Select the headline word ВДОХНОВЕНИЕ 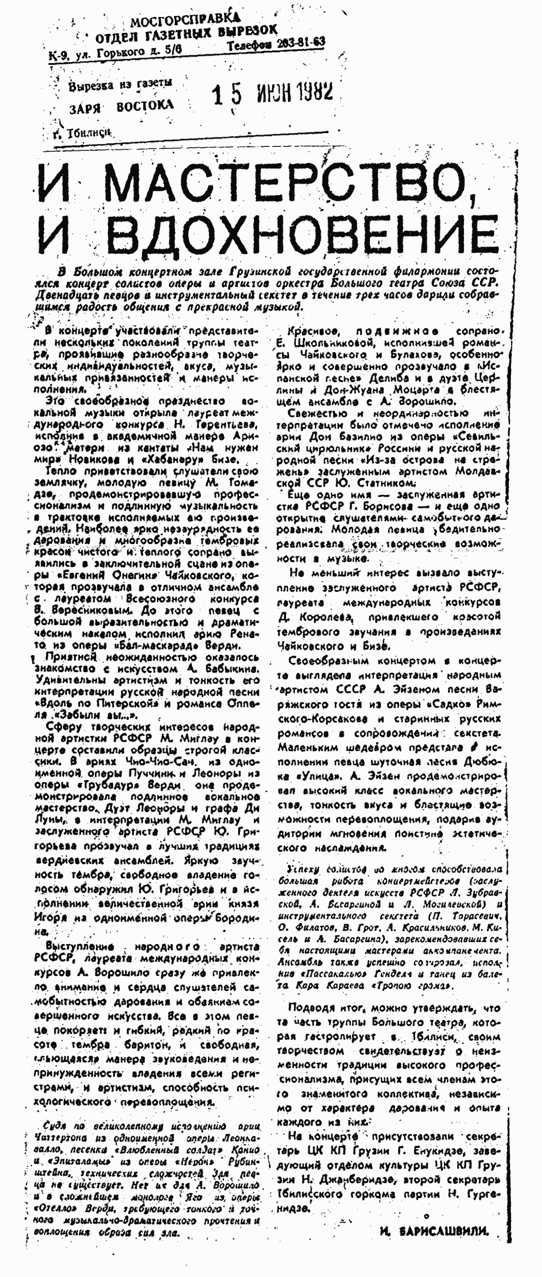click(x=302, y=233)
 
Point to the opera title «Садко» click(x=453, y=704)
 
